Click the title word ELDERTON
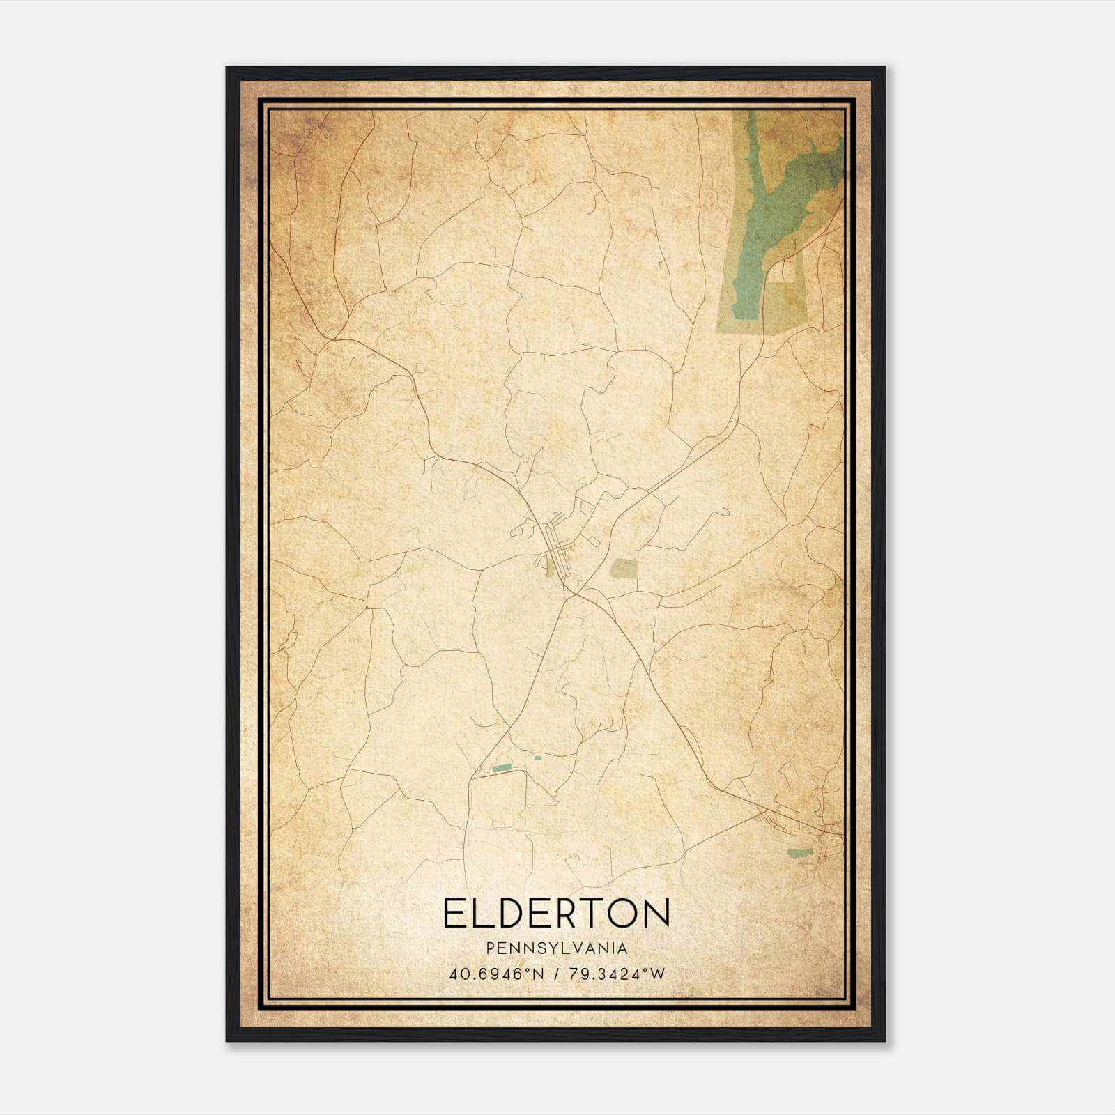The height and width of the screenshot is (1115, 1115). (x=556, y=913)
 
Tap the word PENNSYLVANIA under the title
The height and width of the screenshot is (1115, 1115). (x=557, y=948)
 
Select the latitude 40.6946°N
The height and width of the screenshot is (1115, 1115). (x=496, y=974)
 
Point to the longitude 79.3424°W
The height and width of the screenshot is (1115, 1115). (x=617, y=974)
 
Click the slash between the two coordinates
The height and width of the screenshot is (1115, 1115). (x=557, y=974)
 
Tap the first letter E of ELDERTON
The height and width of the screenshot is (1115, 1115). (x=452, y=913)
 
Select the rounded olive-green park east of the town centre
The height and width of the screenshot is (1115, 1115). (x=624, y=568)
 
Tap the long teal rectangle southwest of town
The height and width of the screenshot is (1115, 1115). (x=502, y=768)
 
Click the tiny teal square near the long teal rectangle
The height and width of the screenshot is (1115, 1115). (x=537, y=758)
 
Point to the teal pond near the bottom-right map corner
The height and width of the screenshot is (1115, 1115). (x=799, y=852)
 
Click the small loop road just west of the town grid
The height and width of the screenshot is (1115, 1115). (x=519, y=531)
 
